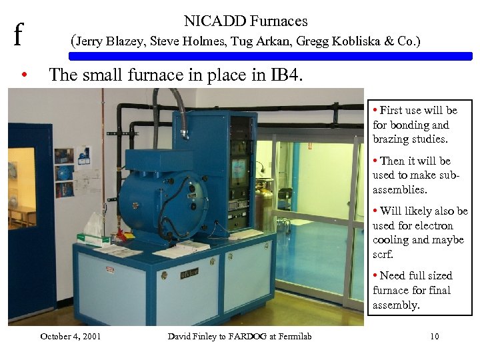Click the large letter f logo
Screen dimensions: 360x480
(x=18, y=33)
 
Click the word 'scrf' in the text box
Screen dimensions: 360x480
(x=383, y=255)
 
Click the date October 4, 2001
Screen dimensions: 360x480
(x=70, y=336)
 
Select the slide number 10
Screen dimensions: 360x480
(x=434, y=336)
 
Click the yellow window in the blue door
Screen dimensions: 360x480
(x=22, y=187)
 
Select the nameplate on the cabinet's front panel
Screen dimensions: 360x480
(x=189, y=273)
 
